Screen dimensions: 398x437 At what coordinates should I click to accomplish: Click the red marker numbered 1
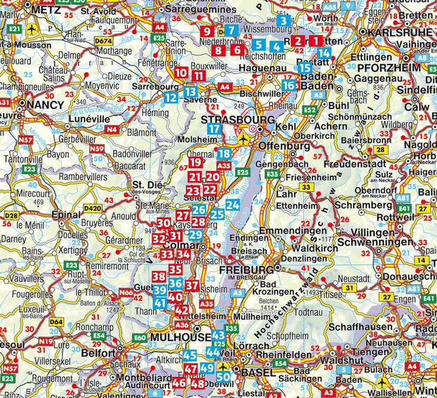(315, 41)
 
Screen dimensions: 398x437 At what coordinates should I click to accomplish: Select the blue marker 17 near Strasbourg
(213, 129)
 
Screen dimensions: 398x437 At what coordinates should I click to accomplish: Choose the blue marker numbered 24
(233, 205)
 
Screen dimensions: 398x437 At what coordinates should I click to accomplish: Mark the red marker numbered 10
(181, 73)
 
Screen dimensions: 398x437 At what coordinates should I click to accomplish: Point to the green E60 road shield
(140, 338)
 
